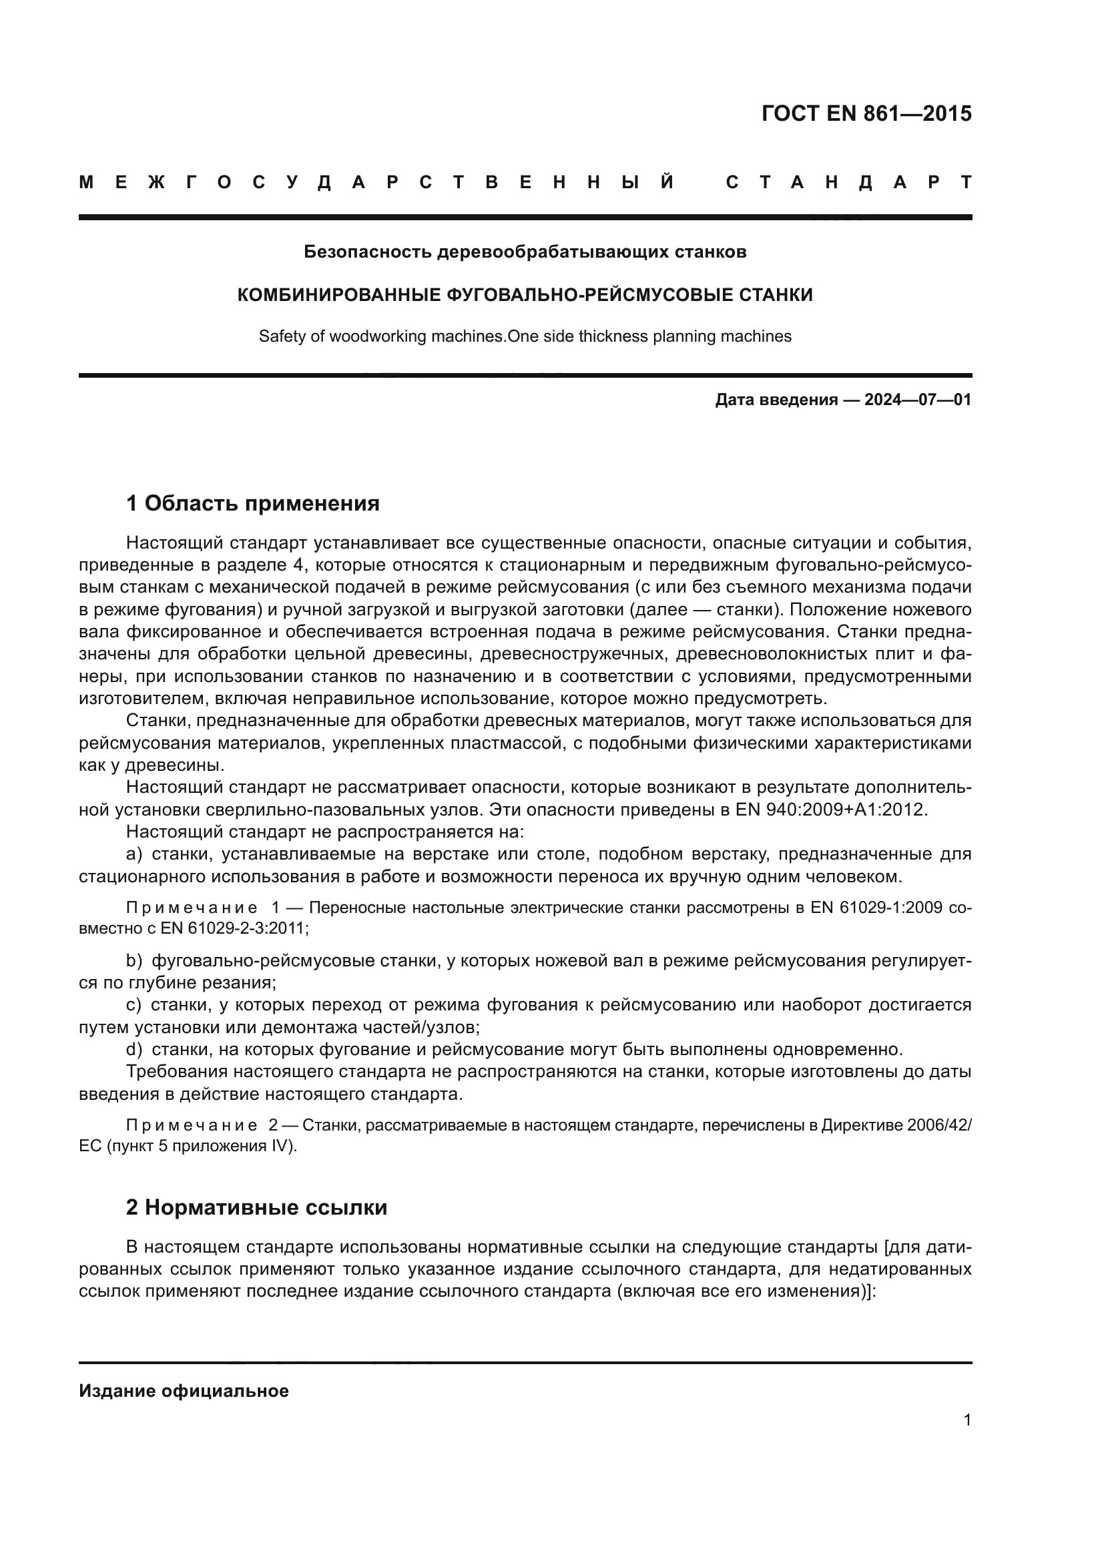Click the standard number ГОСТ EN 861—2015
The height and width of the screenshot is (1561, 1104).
click(866, 113)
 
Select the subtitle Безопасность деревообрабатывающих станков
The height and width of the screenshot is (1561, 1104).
click(525, 252)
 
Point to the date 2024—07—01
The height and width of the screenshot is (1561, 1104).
click(918, 400)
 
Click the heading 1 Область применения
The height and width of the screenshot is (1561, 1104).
click(252, 504)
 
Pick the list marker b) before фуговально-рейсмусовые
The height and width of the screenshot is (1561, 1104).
click(134, 960)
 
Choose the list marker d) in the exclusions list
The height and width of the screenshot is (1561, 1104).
click(134, 1049)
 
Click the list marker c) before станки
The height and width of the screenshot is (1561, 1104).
click(133, 1005)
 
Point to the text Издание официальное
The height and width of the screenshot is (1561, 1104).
click(184, 1391)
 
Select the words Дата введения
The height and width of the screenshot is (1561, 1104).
click(776, 400)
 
